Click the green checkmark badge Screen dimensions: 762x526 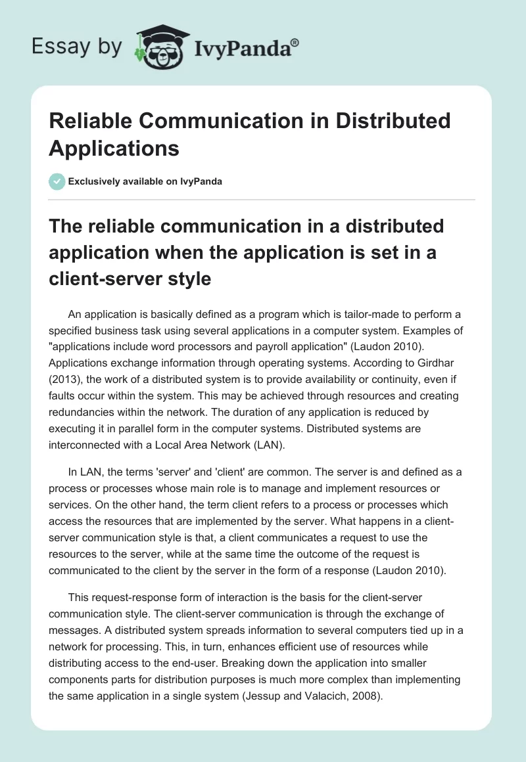[x=57, y=181]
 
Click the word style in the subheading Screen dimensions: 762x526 [x=187, y=279]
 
